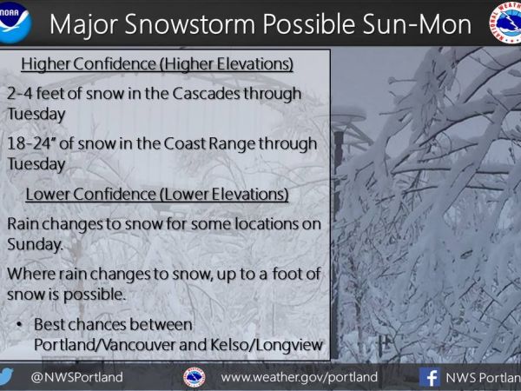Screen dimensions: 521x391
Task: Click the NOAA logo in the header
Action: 14,23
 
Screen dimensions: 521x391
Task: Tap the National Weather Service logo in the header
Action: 506,23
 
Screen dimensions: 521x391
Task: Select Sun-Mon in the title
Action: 417,24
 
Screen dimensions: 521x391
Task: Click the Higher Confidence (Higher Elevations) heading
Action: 157,63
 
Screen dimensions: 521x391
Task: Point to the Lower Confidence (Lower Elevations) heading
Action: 157,194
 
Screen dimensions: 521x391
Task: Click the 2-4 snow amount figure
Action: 20,94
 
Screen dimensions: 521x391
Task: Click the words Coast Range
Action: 209,143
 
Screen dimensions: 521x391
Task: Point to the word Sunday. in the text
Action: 35,245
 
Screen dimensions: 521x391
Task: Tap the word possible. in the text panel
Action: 95,295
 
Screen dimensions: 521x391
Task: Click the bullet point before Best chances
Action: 19,324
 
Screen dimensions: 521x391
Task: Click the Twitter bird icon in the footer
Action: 6,377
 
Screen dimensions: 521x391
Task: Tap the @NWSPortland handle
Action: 76,377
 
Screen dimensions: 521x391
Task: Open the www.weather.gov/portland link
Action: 299,377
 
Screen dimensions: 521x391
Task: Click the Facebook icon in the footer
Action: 430,377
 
